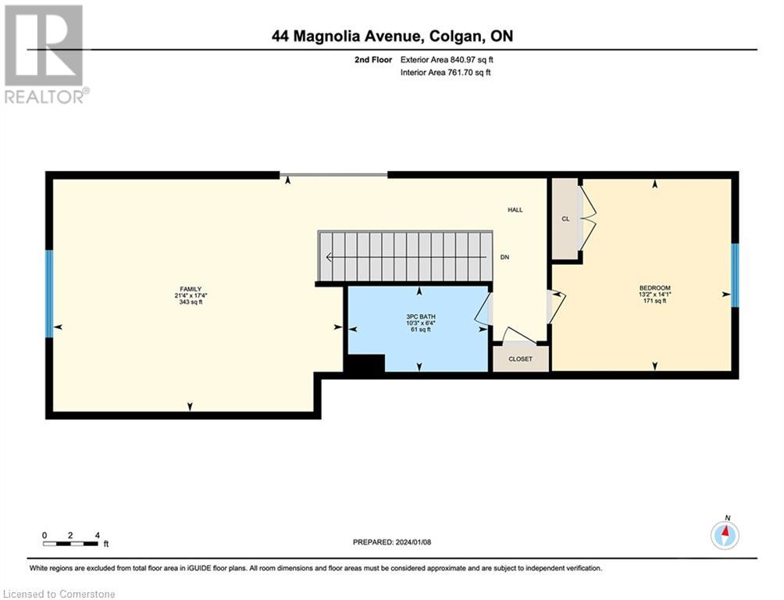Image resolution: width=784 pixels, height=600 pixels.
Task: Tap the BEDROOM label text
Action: click(x=654, y=287)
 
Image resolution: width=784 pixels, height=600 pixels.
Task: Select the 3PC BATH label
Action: click(x=419, y=316)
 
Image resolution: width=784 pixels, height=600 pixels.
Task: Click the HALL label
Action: click(x=515, y=210)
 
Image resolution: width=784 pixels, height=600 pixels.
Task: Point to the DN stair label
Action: click(x=504, y=258)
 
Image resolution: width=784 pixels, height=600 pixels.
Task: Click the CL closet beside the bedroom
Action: click(x=565, y=219)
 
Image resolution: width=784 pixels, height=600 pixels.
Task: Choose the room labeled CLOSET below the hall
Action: click(x=520, y=359)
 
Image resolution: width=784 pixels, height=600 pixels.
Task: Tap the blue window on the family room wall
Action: click(x=49, y=294)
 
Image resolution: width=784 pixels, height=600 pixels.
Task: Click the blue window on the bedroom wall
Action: click(x=734, y=275)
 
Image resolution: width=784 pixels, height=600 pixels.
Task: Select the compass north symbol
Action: click(x=725, y=534)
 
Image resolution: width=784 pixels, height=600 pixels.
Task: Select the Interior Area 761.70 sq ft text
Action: click(x=445, y=73)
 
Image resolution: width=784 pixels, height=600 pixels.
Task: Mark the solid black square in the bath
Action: click(x=365, y=365)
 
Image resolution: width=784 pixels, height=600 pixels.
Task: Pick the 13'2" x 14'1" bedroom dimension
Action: click(x=654, y=295)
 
